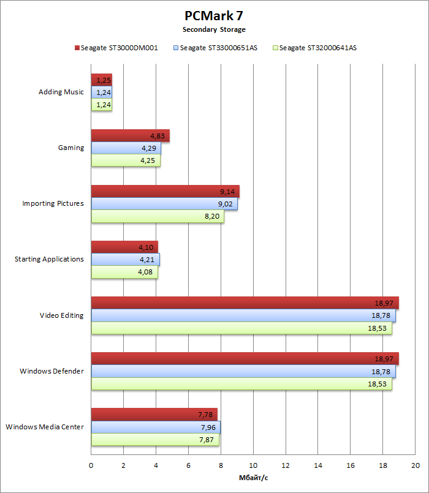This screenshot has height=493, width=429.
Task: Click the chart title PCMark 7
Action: pyautogui.click(x=214, y=15)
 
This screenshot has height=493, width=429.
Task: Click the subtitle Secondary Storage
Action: pyautogui.click(x=214, y=29)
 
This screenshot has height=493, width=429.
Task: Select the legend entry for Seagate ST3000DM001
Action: pyautogui.click(x=116, y=47)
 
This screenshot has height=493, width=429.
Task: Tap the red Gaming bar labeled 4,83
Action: pyautogui.click(x=130, y=136)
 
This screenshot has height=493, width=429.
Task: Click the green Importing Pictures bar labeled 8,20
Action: pyautogui.click(x=158, y=216)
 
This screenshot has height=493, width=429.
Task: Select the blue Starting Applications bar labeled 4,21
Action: pyautogui.click(x=125, y=259)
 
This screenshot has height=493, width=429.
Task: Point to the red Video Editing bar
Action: pyautogui.click(x=245, y=303)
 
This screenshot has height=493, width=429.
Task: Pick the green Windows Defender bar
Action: pyautogui.click(x=241, y=383)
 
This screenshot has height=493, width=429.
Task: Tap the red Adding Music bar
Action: pyautogui.click(x=101, y=80)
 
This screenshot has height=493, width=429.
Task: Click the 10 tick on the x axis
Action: pyautogui.click(x=253, y=466)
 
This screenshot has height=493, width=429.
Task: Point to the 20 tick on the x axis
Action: pyautogui.click(x=415, y=466)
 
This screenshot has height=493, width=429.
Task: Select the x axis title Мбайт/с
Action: pyautogui.click(x=253, y=478)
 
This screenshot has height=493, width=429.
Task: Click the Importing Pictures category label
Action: pyautogui.click(x=53, y=203)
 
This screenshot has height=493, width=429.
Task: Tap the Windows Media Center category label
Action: pyautogui.click(x=44, y=426)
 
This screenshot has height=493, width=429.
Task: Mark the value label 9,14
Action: pyautogui.click(x=227, y=192)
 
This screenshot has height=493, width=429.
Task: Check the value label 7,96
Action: pyautogui.click(x=208, y=427)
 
